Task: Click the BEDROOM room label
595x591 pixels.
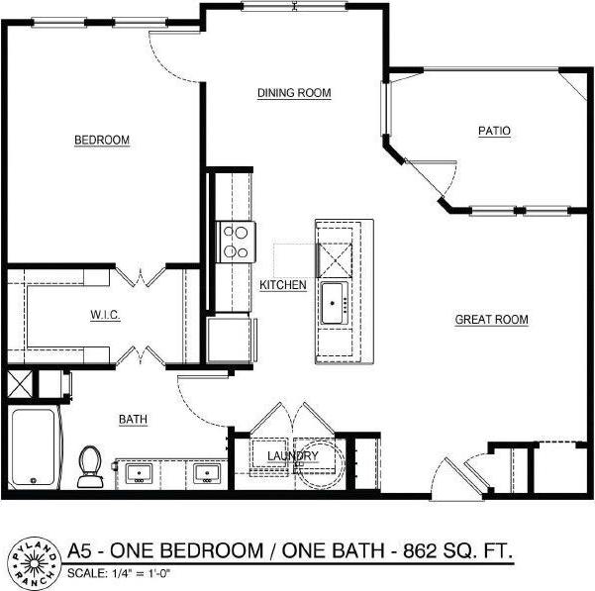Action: point(102,141)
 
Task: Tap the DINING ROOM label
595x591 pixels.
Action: point(293,93)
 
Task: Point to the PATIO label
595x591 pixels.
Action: point(494,131)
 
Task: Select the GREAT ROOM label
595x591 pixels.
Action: point(491,320)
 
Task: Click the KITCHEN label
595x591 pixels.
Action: point(282,285)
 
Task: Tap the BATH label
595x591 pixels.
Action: point(134,420)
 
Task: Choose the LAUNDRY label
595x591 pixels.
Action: point(292,455)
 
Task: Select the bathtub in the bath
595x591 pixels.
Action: point(37,448)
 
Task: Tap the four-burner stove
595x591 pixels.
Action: point(236,241)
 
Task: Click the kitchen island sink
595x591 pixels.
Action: point(334,297)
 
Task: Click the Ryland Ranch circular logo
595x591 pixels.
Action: point(32,561)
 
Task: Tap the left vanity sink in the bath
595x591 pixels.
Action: point(138,472)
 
